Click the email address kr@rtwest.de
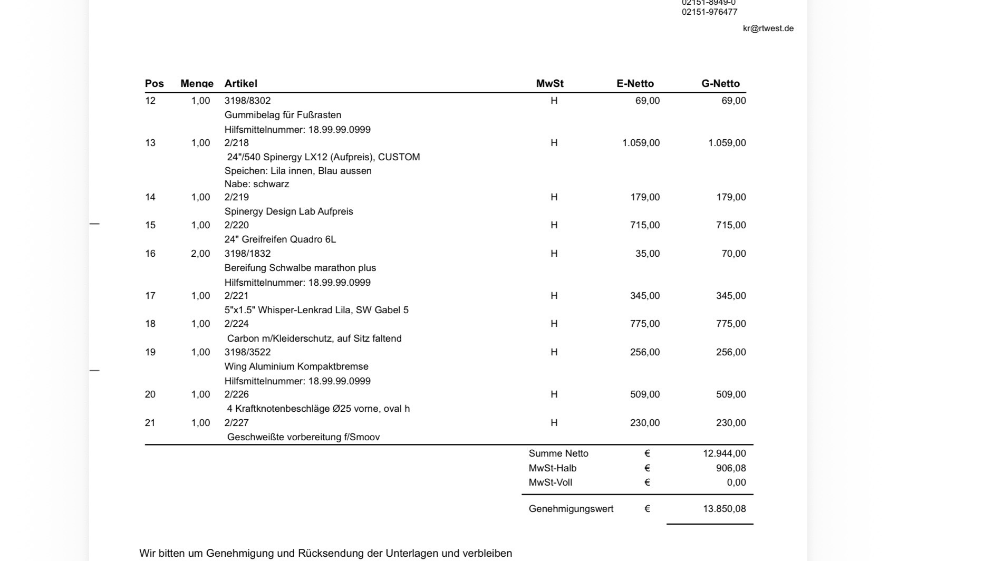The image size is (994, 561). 768,28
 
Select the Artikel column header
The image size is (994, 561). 240,83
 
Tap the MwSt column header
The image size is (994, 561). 549,83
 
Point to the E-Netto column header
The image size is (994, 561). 635,83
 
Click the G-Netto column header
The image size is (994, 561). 720,83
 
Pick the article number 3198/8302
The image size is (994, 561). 247,101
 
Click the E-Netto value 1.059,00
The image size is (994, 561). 641,143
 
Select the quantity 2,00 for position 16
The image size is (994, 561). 200,254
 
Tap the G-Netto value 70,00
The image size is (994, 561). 734,254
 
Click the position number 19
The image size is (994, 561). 150,352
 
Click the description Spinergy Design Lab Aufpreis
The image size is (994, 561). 288,211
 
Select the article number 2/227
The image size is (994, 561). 236,423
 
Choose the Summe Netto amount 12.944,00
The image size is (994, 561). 724,453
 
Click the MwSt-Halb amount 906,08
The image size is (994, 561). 731,468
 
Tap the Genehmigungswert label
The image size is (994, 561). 571,509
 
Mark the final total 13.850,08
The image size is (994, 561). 724,509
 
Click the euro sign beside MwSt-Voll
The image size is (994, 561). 647,482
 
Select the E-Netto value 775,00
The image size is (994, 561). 644,324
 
